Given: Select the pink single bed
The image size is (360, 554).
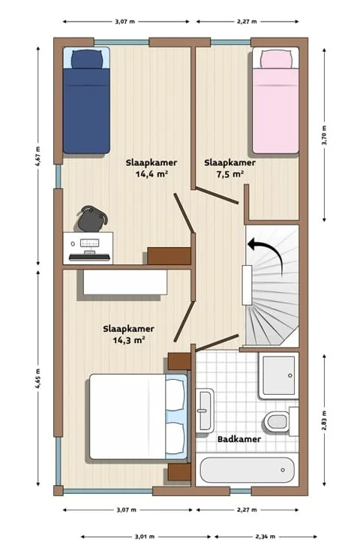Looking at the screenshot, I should coord(275,105).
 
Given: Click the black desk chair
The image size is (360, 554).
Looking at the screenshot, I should coord(92,218).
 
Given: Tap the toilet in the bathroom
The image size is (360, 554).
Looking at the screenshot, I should coord(278,420).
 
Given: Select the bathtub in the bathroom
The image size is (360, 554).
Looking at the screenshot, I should coord(247,471).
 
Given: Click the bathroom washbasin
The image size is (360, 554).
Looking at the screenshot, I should coord(205,411).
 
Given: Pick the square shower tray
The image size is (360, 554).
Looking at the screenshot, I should coord(278,376).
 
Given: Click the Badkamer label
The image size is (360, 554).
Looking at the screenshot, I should coord(239,439).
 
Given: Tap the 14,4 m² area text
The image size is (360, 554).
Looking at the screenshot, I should coord(151,173).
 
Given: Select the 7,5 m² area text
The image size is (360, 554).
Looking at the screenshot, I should coord(229,173).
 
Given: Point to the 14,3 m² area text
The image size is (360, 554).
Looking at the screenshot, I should coord(128,339).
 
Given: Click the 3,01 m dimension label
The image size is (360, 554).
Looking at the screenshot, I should coord(145,537).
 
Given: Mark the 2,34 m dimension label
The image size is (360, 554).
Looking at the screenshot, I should coord(265,537).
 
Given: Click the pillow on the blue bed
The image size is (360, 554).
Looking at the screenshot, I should coord(86,59).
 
